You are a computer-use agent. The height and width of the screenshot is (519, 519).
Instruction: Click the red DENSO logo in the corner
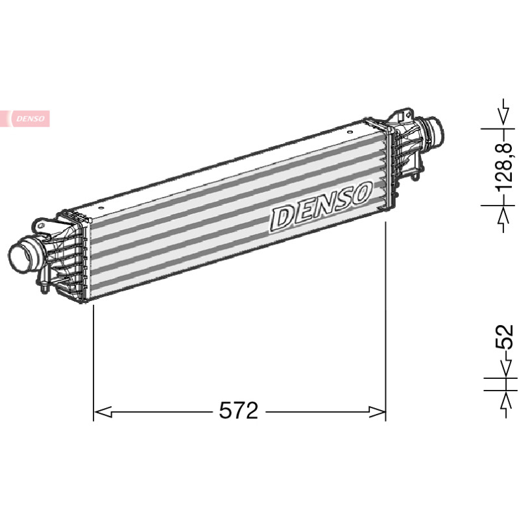click(25, 119)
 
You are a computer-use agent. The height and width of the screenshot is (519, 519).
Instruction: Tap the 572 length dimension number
click(238, 411)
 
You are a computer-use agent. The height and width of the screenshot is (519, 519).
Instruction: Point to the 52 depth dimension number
click(504, 337)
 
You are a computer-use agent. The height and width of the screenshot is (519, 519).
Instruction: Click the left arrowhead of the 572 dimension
click(103, 412)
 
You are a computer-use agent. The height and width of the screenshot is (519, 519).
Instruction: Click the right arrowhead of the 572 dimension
click(378, 412)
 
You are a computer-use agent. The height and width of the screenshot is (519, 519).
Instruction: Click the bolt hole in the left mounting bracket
click(41, 226)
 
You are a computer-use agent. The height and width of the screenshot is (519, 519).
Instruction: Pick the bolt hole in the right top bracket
click(409, 115)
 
